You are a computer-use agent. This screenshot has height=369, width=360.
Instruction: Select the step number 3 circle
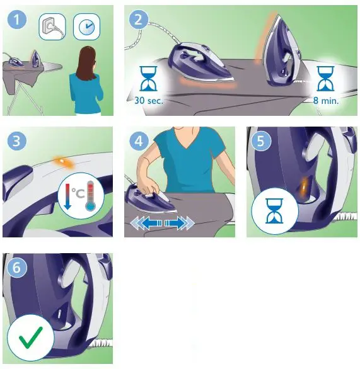pos(16,141)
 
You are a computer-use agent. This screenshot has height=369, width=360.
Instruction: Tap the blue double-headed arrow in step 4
pos(160,224)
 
